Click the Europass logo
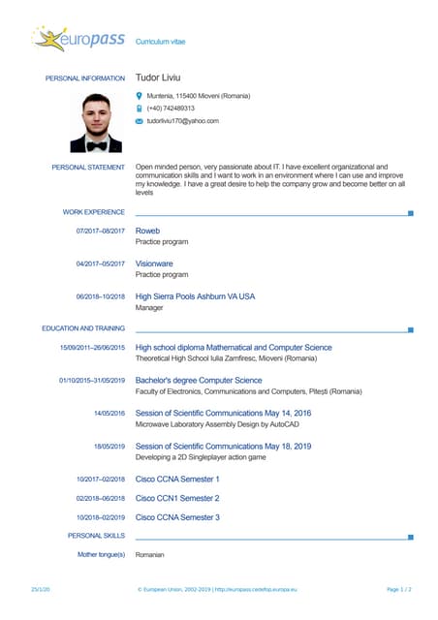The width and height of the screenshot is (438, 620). click(x=78, y=40)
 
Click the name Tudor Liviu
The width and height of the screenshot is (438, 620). click(x=158, y=77)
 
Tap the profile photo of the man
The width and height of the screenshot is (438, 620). click(x=96, y=122)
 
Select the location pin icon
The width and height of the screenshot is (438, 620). click(x=139, y=96)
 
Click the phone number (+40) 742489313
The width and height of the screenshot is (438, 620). click(x=171, y=108)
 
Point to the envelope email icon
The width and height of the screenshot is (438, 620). click(x=139, y=121)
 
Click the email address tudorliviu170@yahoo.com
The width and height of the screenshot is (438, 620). click(x=183, y=121)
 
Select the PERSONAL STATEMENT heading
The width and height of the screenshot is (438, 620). click(x=88, y=168)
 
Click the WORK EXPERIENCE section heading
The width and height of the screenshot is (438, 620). click(x=94, y=211)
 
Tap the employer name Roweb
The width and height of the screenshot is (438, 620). click(x=147, y=231)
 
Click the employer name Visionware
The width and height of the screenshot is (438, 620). click(x=154, y=263)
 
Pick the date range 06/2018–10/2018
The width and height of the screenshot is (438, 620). click(x=101, y=296)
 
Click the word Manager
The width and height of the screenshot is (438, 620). click(x=149, y=307)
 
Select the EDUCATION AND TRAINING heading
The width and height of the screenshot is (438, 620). click(x=83, y=328)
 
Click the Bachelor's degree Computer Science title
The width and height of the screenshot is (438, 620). click(x=199, y=381)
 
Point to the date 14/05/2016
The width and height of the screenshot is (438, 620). click(x=109, y=414)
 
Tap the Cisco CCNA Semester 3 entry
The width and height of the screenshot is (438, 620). click(x=177, y=517)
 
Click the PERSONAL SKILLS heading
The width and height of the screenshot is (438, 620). click(x=96, y=535)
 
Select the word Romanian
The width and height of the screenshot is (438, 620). click(x=150, y=554)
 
